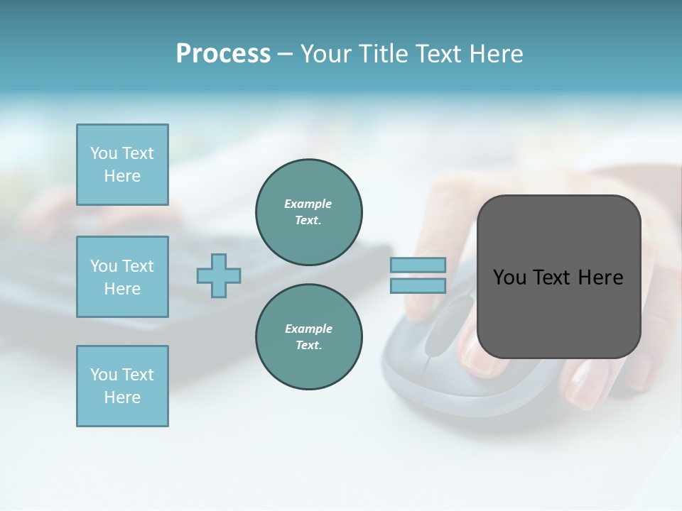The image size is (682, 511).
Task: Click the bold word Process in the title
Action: [x=223, y=54]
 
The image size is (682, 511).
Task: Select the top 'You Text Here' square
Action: [x=122, y=165]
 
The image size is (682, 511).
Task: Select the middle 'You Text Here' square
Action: [x=122, y=277]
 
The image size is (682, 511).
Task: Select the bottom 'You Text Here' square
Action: [x=122, y=386]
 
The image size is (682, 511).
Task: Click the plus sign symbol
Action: [x=219, y=275]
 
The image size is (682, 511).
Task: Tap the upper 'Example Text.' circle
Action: [x=308, y=212]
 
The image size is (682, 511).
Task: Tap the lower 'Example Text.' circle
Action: [x=308, y=337]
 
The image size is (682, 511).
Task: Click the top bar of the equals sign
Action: [x=418, y=265]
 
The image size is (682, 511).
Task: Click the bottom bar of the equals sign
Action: [x=418, y=286]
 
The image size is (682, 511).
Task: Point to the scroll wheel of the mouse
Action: [x=447, y=323]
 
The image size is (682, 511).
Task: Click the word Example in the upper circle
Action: [x=308, y=204]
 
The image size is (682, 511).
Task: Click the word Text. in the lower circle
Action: [x=308, y=346]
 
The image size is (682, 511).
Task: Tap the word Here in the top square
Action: [x=122, y=176]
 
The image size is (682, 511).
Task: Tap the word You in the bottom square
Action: [x=104, y=375]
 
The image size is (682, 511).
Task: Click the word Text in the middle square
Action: [x=138, y=266]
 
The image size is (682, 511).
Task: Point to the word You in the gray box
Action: [x=509, y=278]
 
